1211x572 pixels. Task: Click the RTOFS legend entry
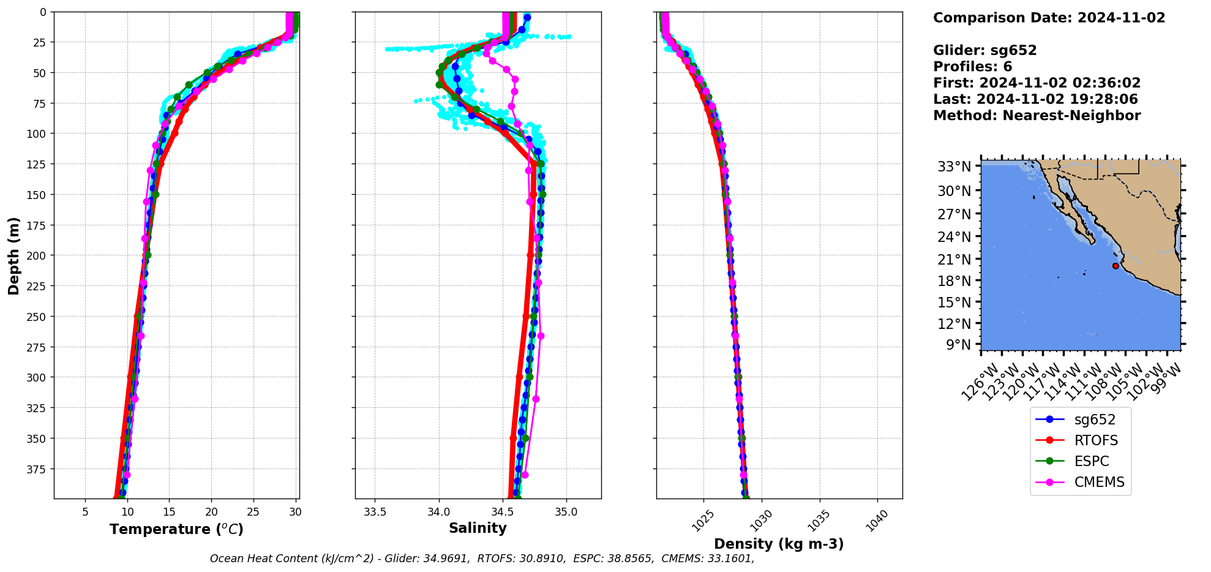[1095, 440]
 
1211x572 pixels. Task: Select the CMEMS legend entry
[1099, 482]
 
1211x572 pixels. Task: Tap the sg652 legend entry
[1095, 420]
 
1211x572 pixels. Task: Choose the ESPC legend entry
[1091, 461]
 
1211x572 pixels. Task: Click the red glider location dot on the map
[1115, 266]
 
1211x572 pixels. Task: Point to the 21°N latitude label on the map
[954, 259]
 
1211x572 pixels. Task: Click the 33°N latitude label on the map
[954, 167]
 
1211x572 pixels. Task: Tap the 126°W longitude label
[980, 382]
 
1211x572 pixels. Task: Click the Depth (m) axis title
[13, 255]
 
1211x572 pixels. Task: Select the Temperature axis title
[176, 529]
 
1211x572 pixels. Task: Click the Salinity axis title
[478, 528]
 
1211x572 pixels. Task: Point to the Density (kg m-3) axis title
[779, 544]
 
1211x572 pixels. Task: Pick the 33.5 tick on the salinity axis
[375, 512]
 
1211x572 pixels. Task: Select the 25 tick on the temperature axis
[253, 512]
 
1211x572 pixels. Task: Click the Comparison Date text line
[1049, 18]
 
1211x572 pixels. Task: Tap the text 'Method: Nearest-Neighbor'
[1037, 116]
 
